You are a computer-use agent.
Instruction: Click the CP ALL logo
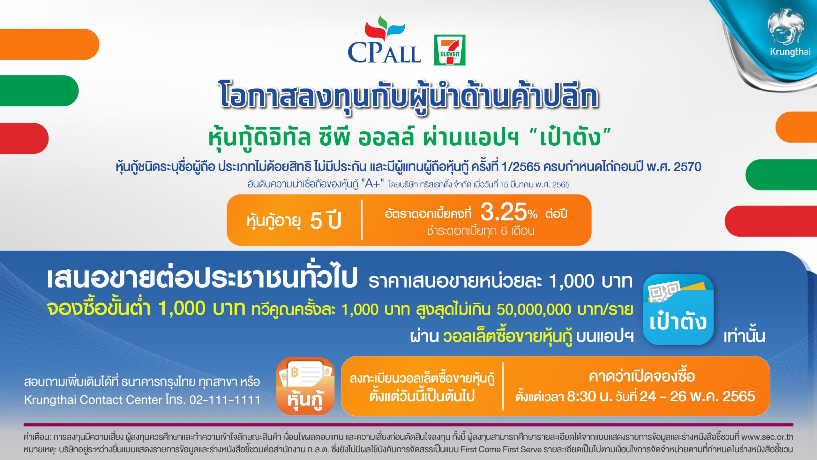pyautogui.click(x=384, y=40)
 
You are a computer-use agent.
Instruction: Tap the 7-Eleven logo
pyautogui.click(x=450, y=50)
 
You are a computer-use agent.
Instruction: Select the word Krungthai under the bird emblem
pyautogui.click(x=790, y=51)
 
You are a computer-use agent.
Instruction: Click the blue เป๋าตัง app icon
pyautogui.click(x=678, y=309)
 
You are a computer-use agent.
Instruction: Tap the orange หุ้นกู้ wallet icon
pyautogui.click(x=305, y=386)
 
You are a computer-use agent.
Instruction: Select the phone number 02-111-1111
pyautogui.click(x=225, y=400)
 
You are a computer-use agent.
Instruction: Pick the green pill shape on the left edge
pyautogui.click(x=39, y=91)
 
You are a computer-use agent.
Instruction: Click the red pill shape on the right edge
pyautogui.click(x=771, y=221)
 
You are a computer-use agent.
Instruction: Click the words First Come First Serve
pyautogui.click(x=501, y=449)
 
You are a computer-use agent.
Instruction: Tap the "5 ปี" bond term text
pyautogui.click(x=326, y=220)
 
